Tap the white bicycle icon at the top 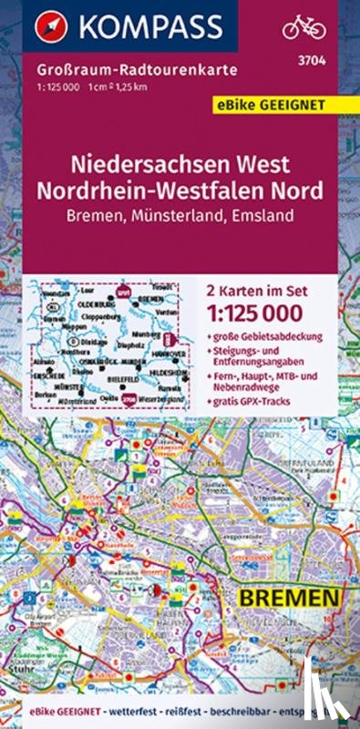coord(303,28)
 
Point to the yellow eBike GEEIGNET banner coord(296,103)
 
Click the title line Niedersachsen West coord(180,167)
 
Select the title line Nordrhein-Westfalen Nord coord(180,192)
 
